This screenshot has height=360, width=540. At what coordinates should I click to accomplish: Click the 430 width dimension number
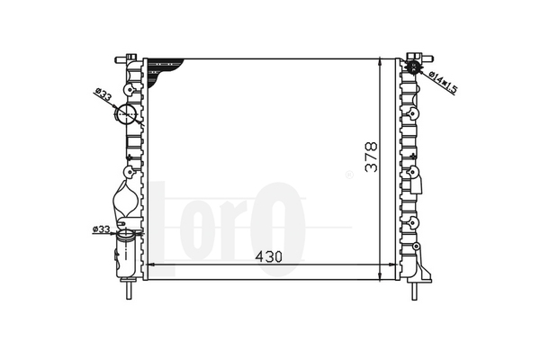click(x=268, y=256)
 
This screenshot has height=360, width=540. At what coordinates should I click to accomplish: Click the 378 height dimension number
click(x=371, y=157)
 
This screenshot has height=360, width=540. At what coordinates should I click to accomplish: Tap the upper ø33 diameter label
click(x=103, y=95)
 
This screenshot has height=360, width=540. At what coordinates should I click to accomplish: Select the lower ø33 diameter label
click(x=101, y=229)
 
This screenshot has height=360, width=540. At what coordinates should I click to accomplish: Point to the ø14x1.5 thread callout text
click(x=444, y=83)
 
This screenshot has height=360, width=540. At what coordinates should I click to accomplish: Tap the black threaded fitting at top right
click(x=413, y=67)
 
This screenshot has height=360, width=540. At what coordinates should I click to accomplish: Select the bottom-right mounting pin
click(x=415, y=291)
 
